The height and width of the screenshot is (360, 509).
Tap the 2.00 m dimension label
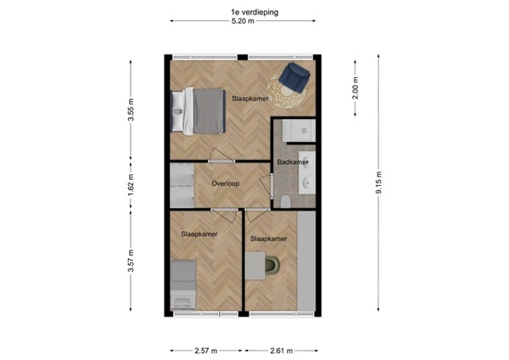356,88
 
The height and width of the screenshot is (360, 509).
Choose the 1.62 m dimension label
131,184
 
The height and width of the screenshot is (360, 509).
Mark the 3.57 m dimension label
131,258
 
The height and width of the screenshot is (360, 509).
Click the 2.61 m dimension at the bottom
282,350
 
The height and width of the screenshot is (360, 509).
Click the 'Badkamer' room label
292,162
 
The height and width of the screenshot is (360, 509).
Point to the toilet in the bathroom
288,199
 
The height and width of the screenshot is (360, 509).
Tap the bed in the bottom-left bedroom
182,284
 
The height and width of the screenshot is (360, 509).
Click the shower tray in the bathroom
297,132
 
